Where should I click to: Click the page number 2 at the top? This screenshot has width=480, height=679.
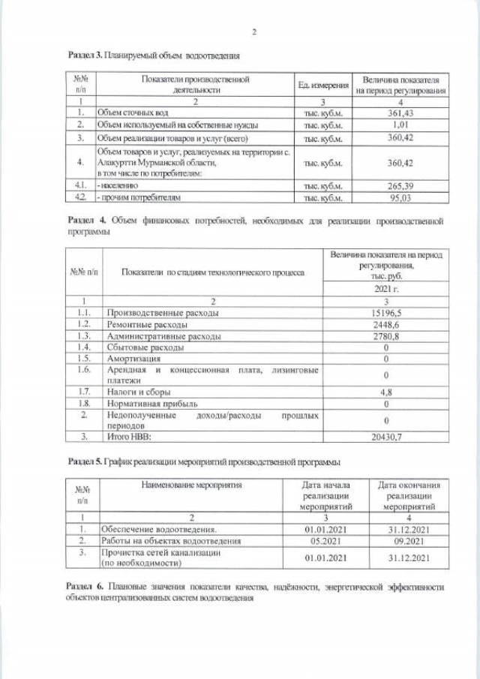coord(254,32)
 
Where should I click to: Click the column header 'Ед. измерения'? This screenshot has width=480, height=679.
coord(322,85)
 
